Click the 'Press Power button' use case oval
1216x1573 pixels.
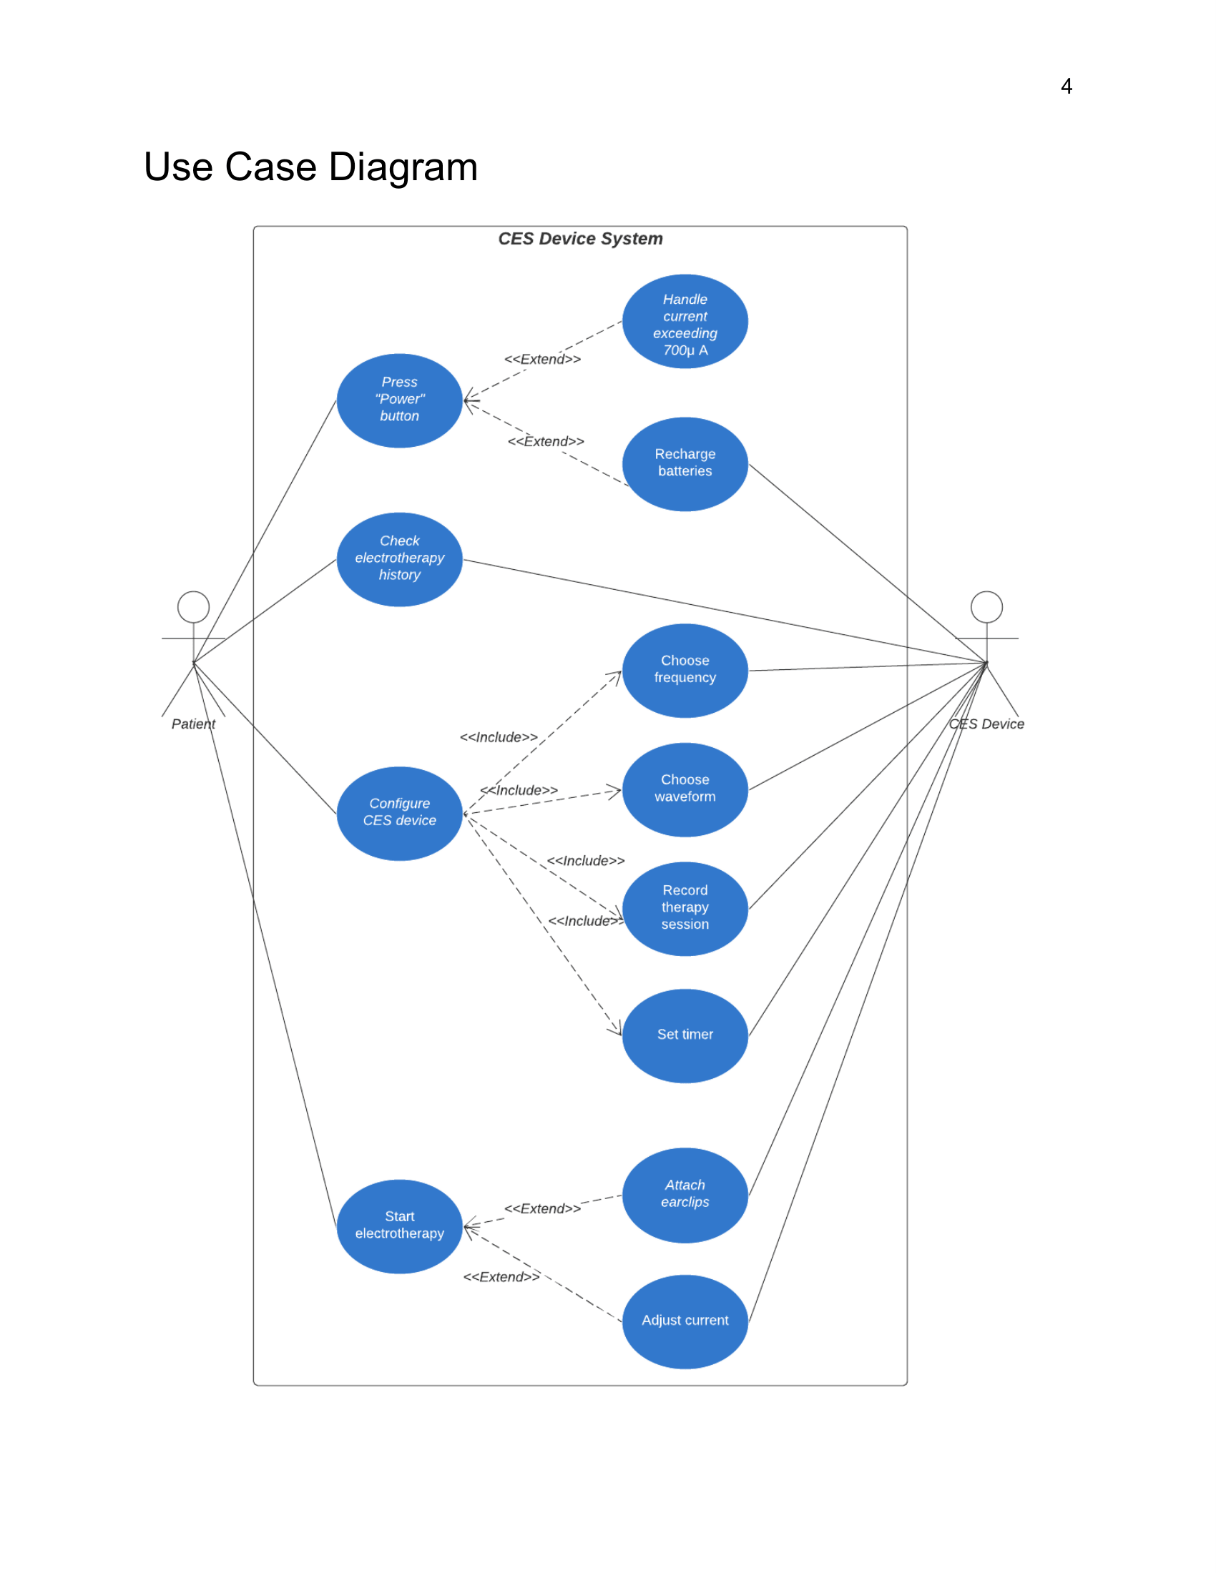tap(399, 400)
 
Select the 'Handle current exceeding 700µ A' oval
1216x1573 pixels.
tap(685, 321)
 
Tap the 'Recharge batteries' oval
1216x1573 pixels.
tap(685, 464)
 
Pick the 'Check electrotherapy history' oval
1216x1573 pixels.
tap(399, 559)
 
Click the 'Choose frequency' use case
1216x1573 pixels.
tap(685, 671)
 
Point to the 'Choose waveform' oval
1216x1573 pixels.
tap(685, 789)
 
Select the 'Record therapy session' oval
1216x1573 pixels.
tap(685, 908)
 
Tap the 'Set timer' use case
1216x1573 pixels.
tap(685, 1035)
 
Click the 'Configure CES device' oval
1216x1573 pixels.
tap(399, 813)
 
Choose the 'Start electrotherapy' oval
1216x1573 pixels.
tap(399, 1226)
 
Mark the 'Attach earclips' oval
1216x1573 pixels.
tap(685, 1195)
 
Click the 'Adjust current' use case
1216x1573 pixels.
tap(685, 1321)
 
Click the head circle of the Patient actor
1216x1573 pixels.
tap(193, 606)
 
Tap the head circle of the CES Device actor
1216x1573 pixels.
tap(986, 606)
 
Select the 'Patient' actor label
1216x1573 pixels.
tap(193, 724)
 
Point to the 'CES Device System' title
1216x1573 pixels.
tap(580, 238)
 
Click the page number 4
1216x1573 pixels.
tap(1067, 87)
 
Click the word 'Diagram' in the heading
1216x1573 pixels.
tap(403, 167)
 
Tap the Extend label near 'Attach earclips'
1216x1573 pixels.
tap(541, 1208)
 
